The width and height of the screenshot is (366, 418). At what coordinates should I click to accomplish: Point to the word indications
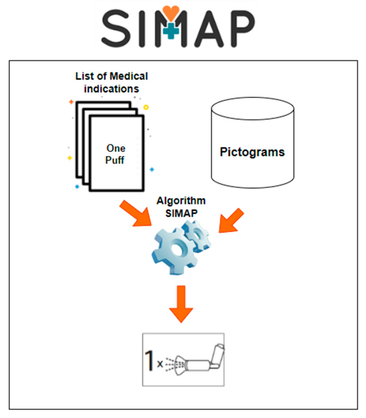click(x=111, y=89)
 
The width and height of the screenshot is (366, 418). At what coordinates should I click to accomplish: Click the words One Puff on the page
click(x=115, y=154)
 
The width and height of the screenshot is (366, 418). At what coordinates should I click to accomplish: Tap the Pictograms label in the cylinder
click(x=252, y=152)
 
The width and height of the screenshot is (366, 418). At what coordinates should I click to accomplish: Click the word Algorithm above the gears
click(x=181, y=201)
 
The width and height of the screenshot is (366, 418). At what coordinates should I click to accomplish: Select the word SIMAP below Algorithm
click(x=181, y=213)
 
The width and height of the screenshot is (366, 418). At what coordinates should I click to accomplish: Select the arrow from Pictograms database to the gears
click(x=231, y=221)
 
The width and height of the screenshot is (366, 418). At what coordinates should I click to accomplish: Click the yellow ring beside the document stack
click(x=146, y=107)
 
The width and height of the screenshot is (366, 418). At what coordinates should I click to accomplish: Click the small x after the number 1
click(x=160, y=364)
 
